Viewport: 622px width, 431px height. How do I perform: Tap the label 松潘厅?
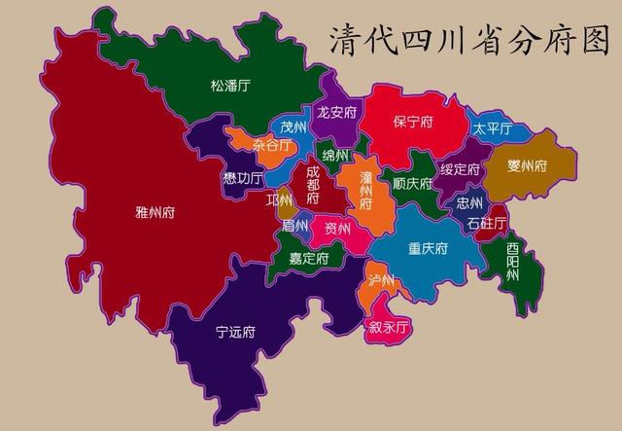tap(230, 86)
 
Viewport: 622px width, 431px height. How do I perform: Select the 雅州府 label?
tap(155, 210)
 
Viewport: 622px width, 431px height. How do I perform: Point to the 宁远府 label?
tap(235, 332)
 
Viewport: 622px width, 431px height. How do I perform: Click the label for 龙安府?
tap(338, 112)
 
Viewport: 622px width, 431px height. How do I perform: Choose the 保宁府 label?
tap(413, 123)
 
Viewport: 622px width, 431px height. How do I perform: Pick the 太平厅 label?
tap(493, 129)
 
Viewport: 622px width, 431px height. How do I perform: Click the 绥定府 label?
tap(460, 168)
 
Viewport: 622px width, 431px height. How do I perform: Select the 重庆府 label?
tap(428, 248)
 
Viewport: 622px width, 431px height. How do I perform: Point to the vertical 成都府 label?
tap(312, 184)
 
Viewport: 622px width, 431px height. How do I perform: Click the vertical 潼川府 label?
tap(365, 191)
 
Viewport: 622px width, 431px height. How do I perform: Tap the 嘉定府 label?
tap(309, 259)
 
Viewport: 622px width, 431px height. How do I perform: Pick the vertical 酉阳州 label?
tap(512, 262)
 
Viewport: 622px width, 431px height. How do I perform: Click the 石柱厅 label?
tap(486, 224)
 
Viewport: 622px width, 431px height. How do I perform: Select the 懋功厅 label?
tap(242, 178)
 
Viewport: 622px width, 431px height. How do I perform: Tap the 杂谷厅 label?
tap(271, 145)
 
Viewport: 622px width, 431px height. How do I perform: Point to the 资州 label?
tap(338, 229)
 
